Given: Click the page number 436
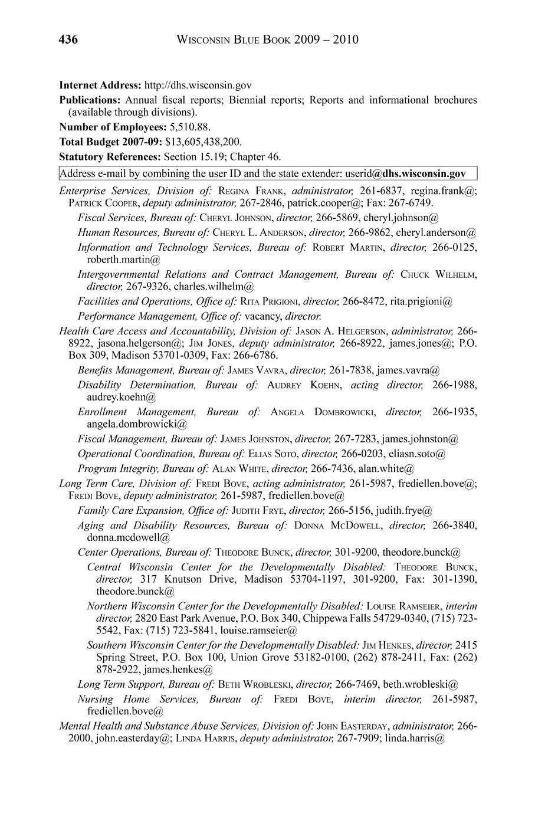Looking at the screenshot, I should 68,40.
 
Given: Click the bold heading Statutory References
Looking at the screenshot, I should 110,157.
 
